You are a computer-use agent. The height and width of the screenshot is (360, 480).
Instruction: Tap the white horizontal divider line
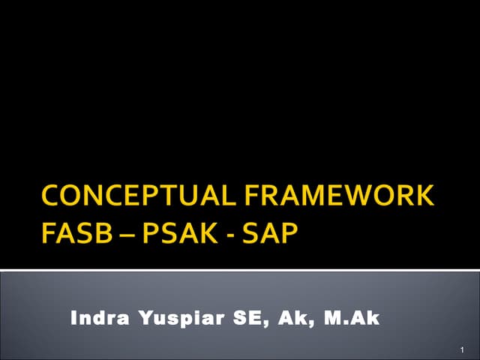tap(240, 270)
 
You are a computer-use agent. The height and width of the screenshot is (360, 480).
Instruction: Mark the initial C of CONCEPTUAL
tap(52, 196)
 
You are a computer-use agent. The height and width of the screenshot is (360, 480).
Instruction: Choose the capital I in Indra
tap(73, 319)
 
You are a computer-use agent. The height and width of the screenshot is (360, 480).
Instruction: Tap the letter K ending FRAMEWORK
tap(424, 196)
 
